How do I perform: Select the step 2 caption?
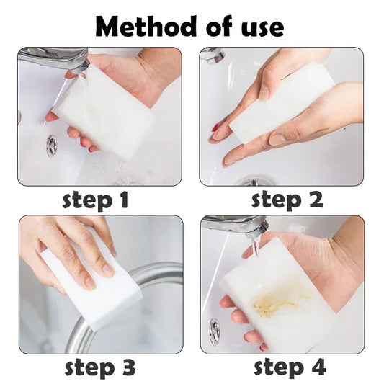click(x=287, y=200)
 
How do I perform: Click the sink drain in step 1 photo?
click(x=52, y=146)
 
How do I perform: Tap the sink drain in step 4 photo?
click(x=213, y=329)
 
